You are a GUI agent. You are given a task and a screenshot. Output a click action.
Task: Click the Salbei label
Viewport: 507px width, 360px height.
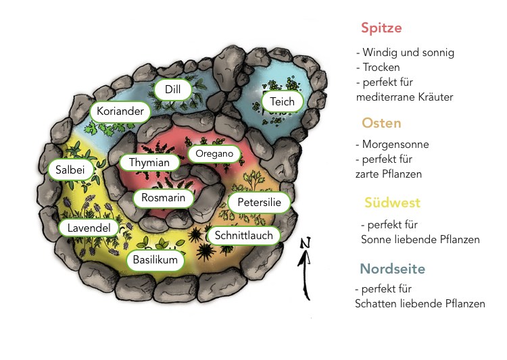coord(66,170)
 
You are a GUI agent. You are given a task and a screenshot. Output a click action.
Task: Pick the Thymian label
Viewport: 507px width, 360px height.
coord(149,163)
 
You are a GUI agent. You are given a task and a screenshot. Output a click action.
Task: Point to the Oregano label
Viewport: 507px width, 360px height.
coord(214,154)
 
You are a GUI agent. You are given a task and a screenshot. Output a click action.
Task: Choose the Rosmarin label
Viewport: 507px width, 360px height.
coord(163,199)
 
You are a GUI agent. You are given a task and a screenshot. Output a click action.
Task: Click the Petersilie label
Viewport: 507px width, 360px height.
coord(259,203)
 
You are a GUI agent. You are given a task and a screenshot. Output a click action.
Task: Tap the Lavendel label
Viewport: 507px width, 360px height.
coord(89,228)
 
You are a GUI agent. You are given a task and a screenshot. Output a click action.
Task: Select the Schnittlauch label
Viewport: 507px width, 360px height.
coord(244,235)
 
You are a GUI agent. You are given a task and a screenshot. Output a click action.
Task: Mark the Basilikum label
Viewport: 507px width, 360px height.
coord(155,260)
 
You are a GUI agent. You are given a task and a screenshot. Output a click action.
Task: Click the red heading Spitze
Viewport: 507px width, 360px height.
coord(381,28)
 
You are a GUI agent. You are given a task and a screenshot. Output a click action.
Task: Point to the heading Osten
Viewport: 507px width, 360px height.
coord(381,123)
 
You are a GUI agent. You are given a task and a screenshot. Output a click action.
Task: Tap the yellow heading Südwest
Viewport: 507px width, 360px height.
coord(392,203)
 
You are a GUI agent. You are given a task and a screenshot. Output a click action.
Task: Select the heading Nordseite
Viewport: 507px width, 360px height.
coord(392,269)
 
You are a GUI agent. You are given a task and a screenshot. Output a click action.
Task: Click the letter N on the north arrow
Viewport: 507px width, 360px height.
coord(305,243)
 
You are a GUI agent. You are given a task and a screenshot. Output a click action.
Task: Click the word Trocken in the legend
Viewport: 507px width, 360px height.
coord(381,68)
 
